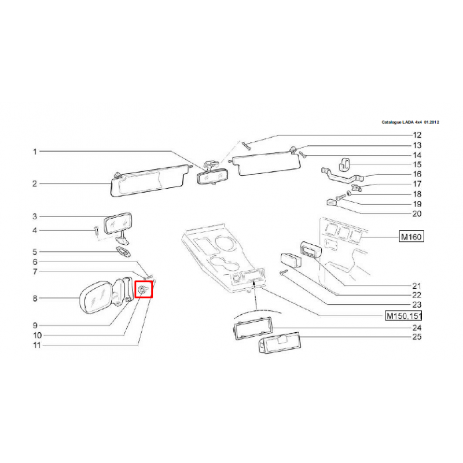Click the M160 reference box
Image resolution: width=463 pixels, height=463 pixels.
click(411, 237)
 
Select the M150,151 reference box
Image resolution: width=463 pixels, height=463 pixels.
click(403, 315)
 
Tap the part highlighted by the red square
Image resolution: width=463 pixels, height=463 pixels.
click(143, 291)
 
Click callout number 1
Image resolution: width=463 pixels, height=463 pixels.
click(35, 152)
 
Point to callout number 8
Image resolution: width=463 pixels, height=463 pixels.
click(35, 299)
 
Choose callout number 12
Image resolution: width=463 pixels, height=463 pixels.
click(417, 135)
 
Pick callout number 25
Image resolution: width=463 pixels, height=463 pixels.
click(417, 337)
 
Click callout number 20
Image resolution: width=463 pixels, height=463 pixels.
click(417, 214)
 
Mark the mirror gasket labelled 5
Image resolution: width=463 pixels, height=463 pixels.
click(123, 252)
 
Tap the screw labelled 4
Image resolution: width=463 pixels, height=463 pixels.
click(96, 229)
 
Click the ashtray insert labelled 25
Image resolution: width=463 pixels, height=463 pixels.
click(279, 343)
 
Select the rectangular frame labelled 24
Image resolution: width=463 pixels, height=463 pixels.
click(253, 328)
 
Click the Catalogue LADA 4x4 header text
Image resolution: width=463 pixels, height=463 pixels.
click(410, 122)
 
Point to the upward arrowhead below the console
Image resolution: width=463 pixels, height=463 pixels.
click(253, 284)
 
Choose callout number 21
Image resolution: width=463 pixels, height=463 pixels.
click(417, 285)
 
